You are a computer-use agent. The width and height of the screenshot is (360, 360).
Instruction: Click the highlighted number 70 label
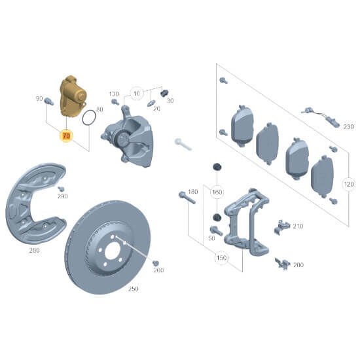(65, 135)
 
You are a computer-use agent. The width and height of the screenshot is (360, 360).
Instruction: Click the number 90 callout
(39, 99)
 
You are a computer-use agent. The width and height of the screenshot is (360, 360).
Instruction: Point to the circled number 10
(136, 93)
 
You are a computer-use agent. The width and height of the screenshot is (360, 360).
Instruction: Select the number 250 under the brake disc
(133, 288)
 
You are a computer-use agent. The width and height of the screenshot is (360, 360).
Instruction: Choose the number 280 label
(34, 249)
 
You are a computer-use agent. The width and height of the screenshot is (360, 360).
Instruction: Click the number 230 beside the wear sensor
(348, 126)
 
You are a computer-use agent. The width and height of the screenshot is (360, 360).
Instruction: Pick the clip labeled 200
(283, 262)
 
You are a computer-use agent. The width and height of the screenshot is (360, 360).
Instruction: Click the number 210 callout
(298, 226)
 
